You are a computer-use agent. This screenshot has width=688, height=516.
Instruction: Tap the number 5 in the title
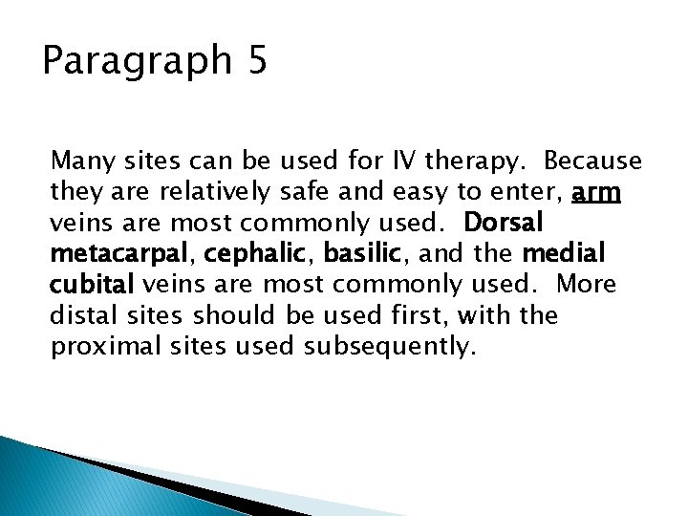(257, 60)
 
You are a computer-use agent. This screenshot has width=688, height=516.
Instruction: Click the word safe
(304, 193)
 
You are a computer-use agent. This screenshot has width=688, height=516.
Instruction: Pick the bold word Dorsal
(504, 224)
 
